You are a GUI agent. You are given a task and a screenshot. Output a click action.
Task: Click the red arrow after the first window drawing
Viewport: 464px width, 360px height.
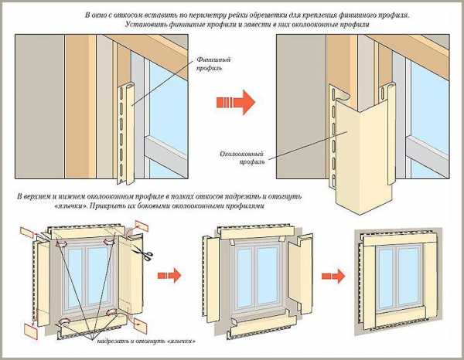click(x=172, y=273)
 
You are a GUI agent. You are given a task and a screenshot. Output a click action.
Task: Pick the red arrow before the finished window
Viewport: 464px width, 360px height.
click(x=333, y=273)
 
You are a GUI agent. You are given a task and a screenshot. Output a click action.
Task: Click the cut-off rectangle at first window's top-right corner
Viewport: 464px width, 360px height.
click(x=141, y=225)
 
